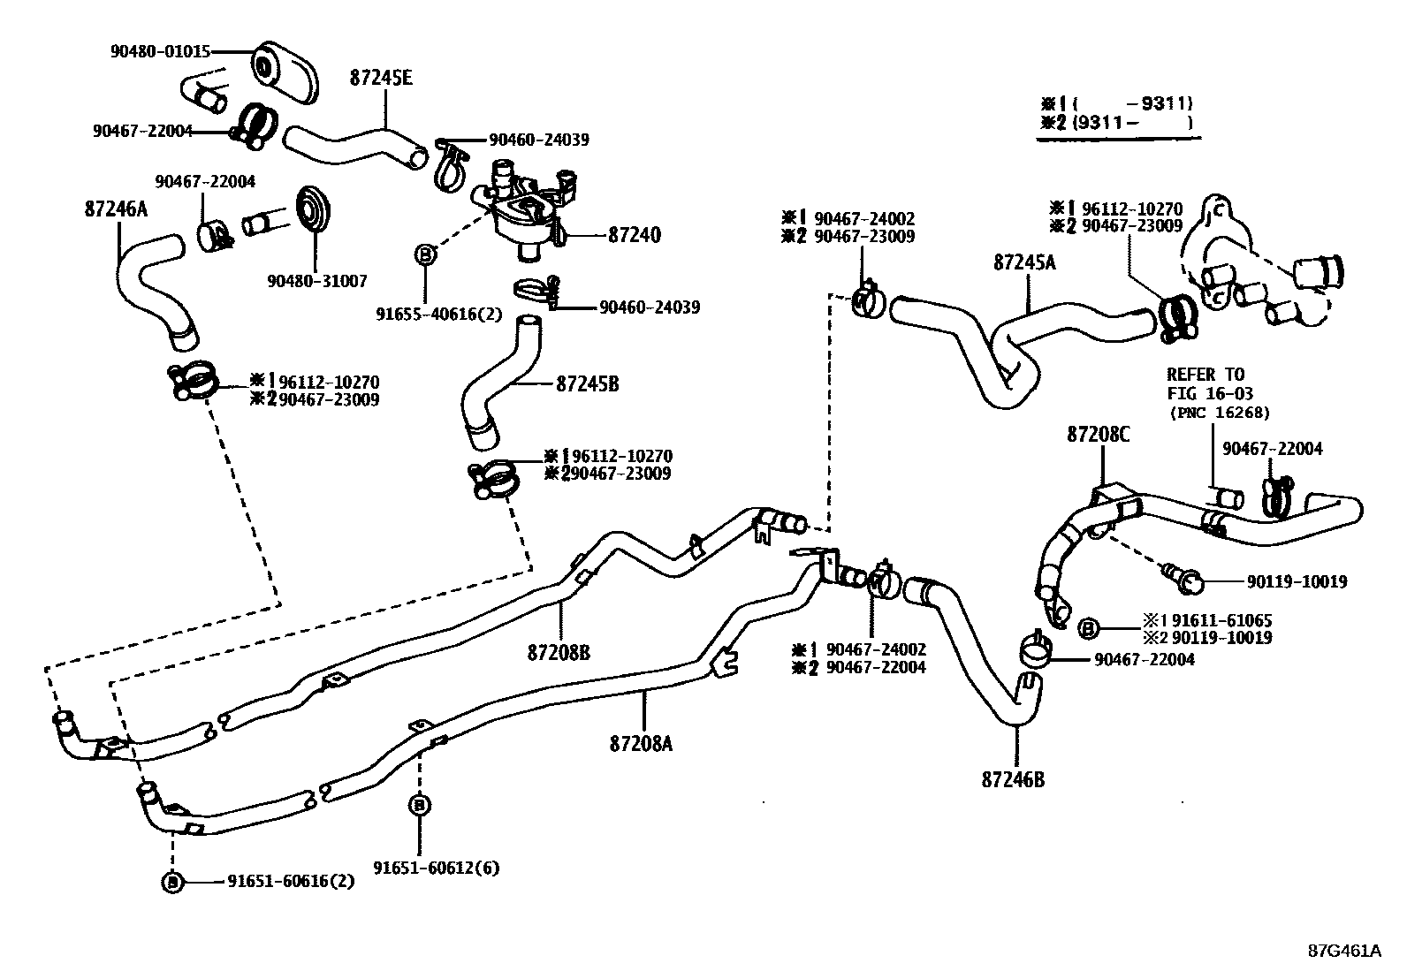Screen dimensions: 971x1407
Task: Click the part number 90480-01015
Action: pos(160,52)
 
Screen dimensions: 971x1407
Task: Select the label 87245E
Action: pos(381,78)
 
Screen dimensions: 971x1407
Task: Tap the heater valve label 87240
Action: pos(635,236)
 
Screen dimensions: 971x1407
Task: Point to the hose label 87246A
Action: pos(116,209)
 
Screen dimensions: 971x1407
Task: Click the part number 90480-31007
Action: pos(316,281)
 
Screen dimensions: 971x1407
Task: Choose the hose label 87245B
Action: pos(587,384)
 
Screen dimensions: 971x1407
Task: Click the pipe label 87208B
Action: pos(559,653)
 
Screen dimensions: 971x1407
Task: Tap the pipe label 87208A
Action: pos(641,744)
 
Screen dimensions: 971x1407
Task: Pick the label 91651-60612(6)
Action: pos(436,868)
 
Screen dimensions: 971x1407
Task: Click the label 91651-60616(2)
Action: pos(291,881)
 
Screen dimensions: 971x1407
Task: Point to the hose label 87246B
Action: pos(1013,780)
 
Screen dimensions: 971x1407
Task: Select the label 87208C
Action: pos(1099,435)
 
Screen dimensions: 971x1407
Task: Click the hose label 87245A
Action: pos(1025,262)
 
